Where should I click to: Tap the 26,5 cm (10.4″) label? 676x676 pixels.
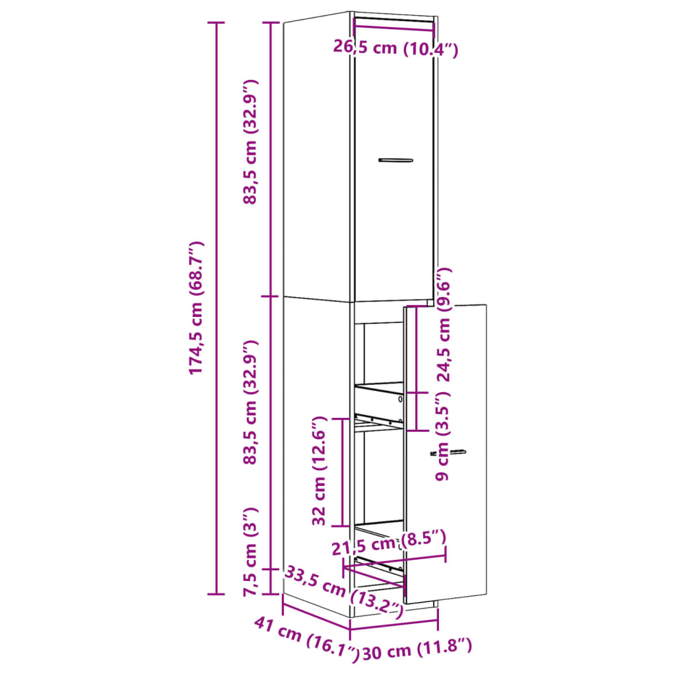click(x=395, y=48)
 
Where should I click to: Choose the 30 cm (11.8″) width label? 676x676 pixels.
click(x=417, y=650)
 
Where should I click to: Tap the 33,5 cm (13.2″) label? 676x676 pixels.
click(x=343, y=590)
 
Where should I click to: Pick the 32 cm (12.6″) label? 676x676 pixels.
click(x=320, y=471)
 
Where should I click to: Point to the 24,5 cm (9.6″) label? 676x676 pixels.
click(x=445, y=325)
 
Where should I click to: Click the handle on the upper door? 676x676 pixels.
click(x=395, y=160)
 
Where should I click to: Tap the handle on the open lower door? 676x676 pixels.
click(x=456, y=452)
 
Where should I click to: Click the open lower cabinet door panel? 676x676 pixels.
click(x=456, y=515)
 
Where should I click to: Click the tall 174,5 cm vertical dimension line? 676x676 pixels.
click(x=216, y=308)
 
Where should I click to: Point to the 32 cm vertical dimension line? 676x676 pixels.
click(x=341, y=472)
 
